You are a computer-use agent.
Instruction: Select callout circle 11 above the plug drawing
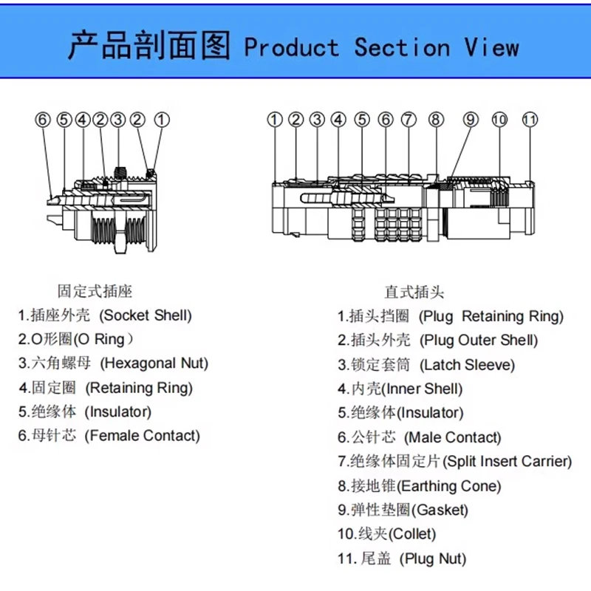coord(529,119)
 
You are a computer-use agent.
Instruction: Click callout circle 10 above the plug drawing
coord(500,119)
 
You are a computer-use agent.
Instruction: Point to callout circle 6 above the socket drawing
coord(43,119)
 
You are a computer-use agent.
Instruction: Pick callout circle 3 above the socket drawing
coord(117,119)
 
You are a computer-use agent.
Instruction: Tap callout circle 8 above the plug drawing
coord(436,119)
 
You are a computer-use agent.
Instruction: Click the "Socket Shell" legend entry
coord(105,315)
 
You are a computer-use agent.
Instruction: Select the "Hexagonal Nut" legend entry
coord(113,363)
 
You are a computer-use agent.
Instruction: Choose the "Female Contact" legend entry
coord(109,436)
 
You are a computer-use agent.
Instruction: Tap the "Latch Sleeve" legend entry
coord(426,365)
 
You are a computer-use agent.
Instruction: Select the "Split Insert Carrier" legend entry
coord(455,462)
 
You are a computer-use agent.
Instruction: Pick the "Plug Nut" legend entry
coord(402,558)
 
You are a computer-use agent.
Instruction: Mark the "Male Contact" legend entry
coord(419,437)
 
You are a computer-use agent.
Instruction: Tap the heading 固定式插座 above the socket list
coord(95,291)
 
